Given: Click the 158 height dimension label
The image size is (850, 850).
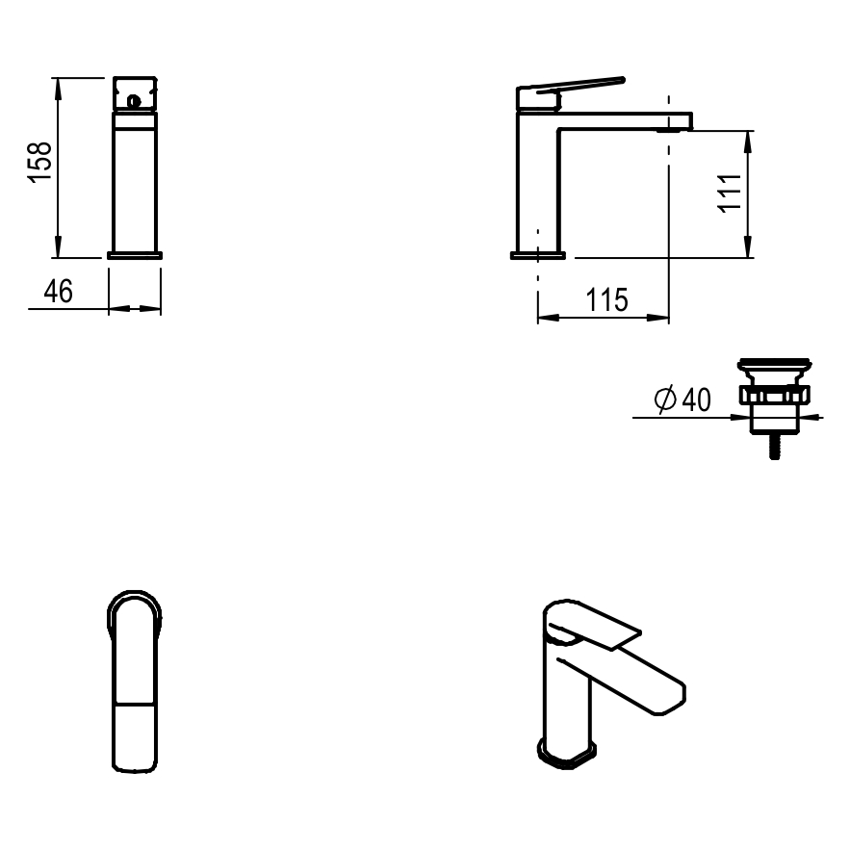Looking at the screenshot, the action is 39,163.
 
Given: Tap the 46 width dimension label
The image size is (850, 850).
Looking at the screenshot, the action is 58,292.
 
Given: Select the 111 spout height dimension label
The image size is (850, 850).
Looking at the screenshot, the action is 729,193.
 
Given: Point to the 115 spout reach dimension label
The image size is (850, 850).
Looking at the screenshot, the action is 606,299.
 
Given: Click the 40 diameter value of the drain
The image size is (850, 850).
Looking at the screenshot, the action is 696,400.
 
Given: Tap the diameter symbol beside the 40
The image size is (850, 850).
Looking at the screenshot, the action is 665,399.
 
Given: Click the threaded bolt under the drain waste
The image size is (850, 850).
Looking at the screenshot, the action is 775,447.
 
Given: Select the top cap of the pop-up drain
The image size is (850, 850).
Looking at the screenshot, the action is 775,363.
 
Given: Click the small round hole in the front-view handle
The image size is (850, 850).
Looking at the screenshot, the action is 133,101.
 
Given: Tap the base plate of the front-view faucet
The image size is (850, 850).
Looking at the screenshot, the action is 135,255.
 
